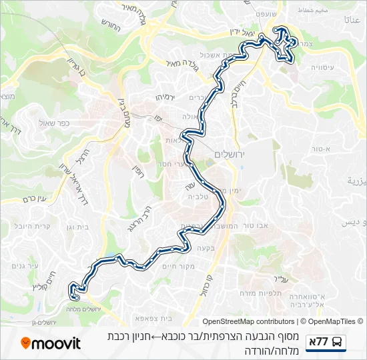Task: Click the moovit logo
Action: click(51, 343)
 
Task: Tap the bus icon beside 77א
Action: click(338, 343)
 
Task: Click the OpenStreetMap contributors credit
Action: click(248, 321)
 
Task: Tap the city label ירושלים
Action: click(231, 154)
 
